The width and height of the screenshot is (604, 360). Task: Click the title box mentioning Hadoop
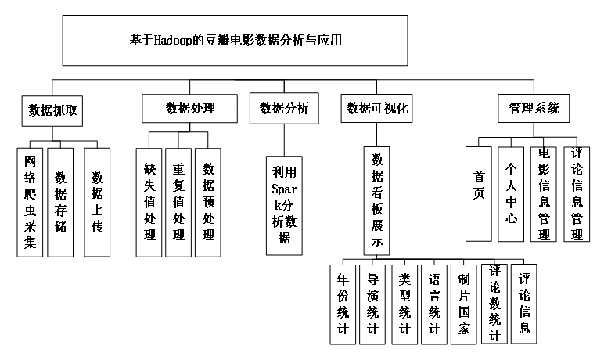[235, 40]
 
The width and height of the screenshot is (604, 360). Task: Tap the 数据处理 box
[190, 109]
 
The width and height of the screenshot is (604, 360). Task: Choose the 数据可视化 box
[378, 109]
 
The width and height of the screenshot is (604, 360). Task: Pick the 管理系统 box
[534, 109]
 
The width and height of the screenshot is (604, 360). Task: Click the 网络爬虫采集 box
[30, 202]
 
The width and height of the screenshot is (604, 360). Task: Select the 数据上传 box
[98, 202]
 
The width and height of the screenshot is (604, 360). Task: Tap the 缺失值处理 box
[149, 203]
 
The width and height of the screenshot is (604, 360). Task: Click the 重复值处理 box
[178, 203]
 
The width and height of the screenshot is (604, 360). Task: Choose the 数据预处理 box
[208, 203]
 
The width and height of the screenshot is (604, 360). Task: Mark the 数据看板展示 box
[377, 200]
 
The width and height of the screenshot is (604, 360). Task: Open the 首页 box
[479, 193]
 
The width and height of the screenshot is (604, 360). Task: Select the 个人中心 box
[511, 193]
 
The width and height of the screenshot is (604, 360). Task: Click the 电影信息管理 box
[544, 193]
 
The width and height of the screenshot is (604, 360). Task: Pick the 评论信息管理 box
[577, 193]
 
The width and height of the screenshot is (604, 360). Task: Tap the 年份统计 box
[342, 304]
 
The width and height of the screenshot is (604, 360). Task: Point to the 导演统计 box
[373, 304]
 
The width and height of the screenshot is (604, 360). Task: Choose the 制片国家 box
[465, 304]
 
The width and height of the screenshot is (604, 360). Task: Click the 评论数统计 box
[494, 304]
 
